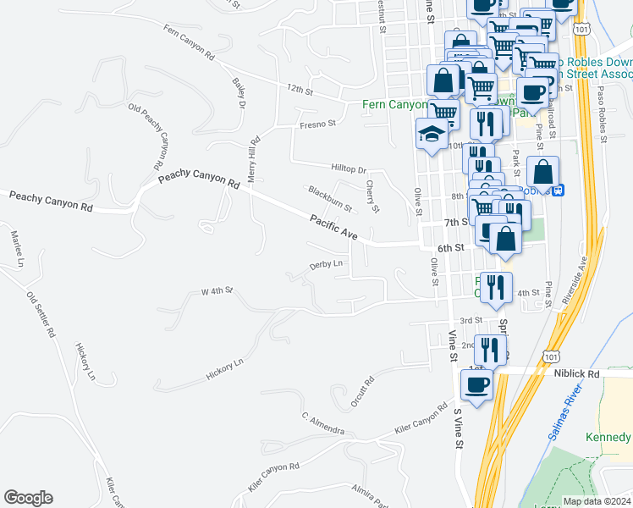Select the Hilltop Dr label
347,170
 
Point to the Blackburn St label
329,200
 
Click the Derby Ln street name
327,265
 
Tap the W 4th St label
217,291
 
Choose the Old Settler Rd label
41,315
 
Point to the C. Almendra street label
322,424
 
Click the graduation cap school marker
432,134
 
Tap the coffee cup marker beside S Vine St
476,384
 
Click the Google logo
28,498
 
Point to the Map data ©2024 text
596,501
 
